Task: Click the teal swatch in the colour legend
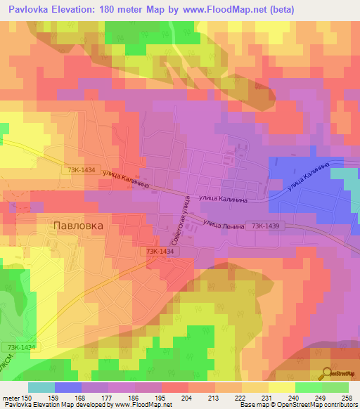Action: coord(41,387)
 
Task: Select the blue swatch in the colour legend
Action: coord(68,387)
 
